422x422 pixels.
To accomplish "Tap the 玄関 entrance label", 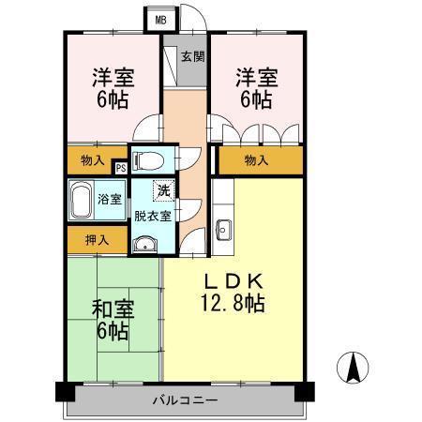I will click(x=191, y=57).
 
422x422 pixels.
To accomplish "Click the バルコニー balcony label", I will click(x=185, y=400).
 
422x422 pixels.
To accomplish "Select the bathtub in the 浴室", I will click(x=82, y=198).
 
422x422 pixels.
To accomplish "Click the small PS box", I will click(x=121, y=168).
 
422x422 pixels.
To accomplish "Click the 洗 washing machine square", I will click(x=165, y=191).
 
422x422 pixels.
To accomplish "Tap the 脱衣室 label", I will click(x=152, y=216).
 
